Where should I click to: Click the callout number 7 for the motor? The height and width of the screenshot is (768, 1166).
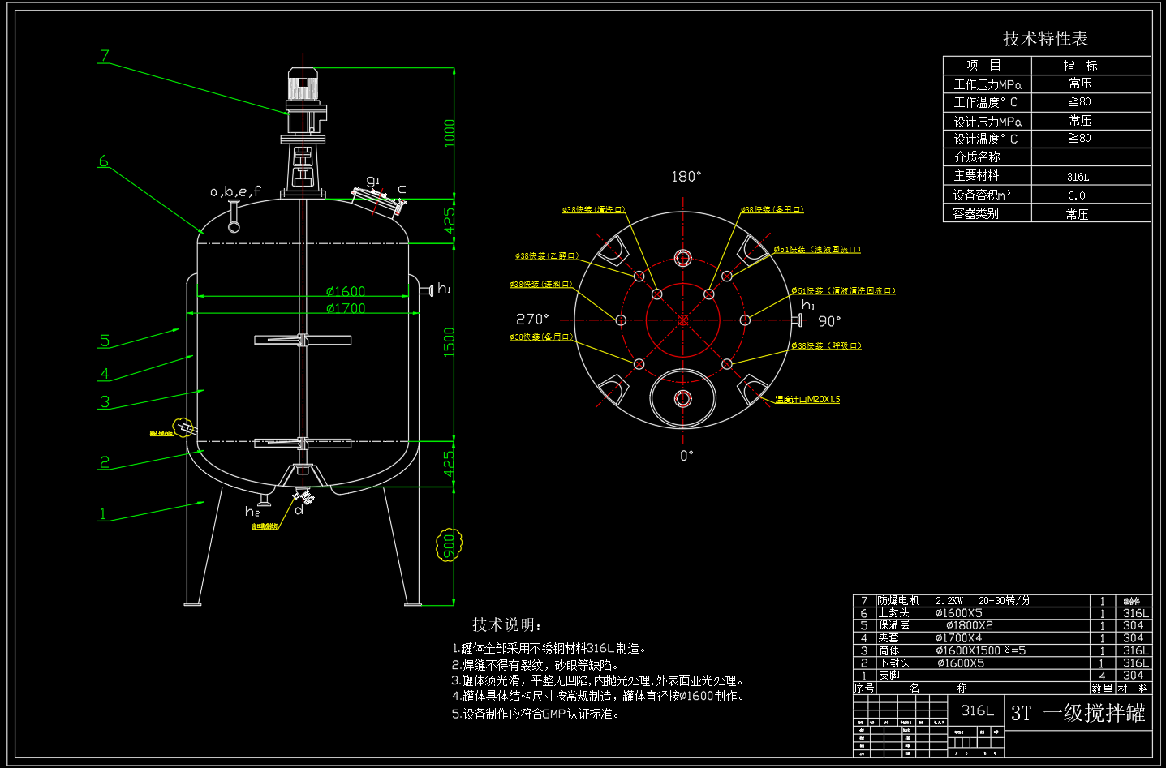tap(104, 56)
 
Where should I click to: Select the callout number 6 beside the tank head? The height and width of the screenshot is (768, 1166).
tap(103, 161)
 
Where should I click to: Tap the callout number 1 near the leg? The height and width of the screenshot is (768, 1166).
tap(102, 513)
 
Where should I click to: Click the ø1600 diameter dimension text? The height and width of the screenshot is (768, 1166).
tap(346, 291)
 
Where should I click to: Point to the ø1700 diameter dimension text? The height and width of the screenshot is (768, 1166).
tap(346, 308)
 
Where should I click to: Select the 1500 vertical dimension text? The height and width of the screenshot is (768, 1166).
tap(449, 341)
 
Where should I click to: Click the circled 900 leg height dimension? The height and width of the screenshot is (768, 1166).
tap(449, 546)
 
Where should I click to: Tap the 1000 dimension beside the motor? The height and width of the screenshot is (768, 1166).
tap(449, 133)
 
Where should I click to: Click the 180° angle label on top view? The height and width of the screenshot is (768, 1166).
tap(686, 177)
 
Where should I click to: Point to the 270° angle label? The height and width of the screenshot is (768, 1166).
tap(532, 320)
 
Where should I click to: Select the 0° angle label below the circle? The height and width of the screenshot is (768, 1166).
tap(686, 456)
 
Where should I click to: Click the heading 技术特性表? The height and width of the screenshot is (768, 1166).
tap(1045, 39)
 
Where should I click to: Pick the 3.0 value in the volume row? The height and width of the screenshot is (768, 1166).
tap(1077, 195)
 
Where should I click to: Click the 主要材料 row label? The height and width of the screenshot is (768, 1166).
tap(976, 176)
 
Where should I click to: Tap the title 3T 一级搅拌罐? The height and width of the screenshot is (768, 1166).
tap(1078, 713)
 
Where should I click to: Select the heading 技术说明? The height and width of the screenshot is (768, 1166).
tap(507, 624)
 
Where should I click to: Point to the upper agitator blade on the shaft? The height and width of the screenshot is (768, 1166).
tap(302, 340)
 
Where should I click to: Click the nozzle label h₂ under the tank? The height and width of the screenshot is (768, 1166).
tap(252, 512)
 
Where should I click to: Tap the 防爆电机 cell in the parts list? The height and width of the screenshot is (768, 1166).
tap(898, 601)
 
